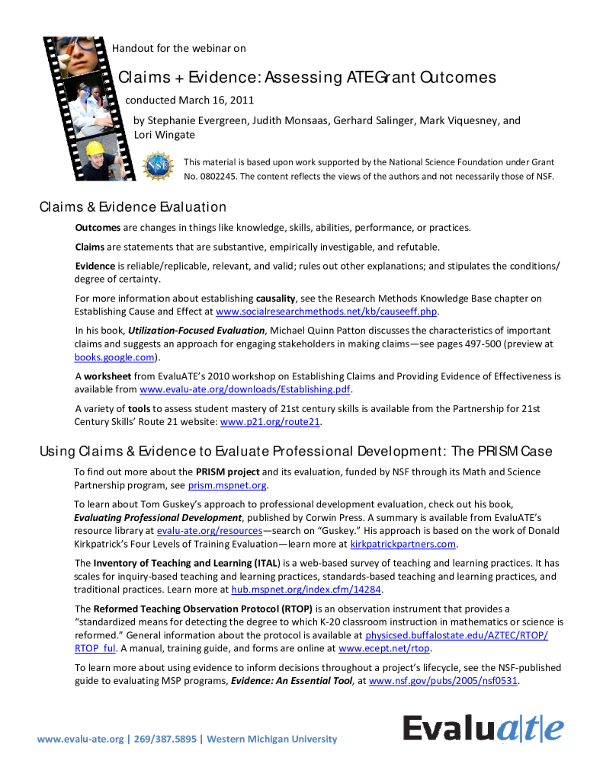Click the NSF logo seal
click(x=159, y=166)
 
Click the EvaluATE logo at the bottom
click(x=483, y=728)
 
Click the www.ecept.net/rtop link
click(x=384, y=648)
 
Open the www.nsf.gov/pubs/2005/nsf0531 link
click(x=443, y=681)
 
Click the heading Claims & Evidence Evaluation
click(x=133, y=206)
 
